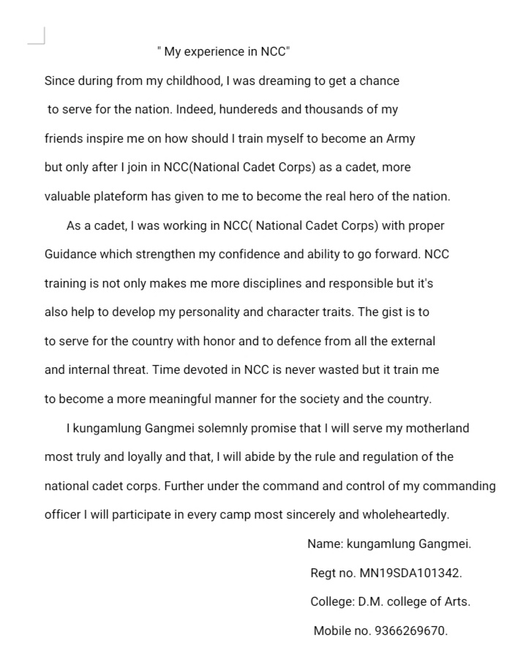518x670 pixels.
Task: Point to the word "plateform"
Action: click(x=121, y=196)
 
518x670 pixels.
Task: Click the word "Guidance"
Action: click(x=70, y=255)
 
